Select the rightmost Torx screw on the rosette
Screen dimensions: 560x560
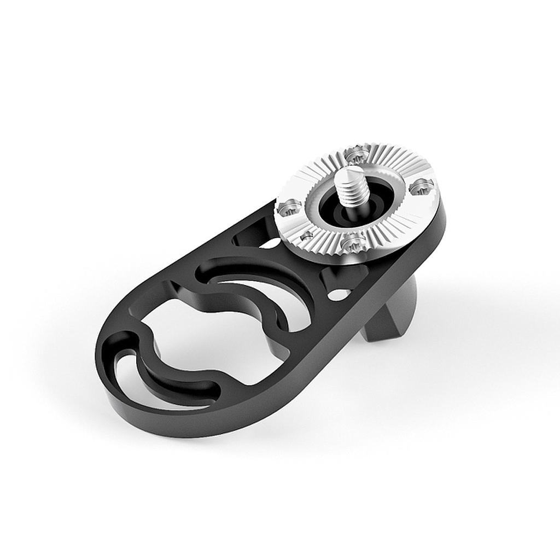point(422,186)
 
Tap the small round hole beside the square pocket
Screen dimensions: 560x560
point(339,295)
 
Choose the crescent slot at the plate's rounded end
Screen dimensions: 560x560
point(164,383)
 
